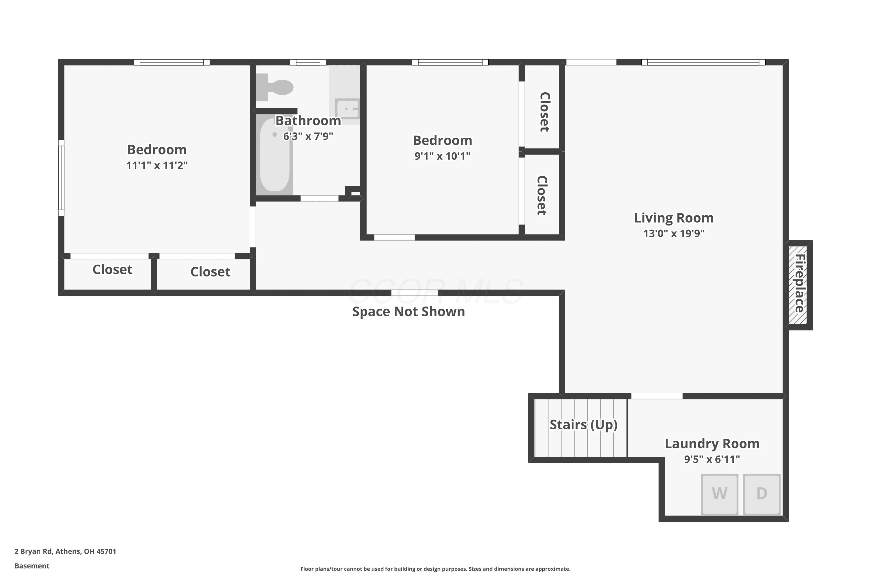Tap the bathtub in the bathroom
tap(274, 155)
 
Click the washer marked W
tap(719, 494)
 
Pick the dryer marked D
tap(762, 494)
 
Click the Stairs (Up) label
tap(583, 425)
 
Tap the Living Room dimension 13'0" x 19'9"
tap(674, 234)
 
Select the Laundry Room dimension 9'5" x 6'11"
tap(712, 460)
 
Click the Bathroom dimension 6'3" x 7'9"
tap(308, 136)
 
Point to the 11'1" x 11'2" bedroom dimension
tap(157, 165)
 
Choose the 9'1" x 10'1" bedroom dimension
tap(442, 156)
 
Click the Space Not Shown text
tap(408, 312)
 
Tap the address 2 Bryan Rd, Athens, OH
tap(65, 551)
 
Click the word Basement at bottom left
tap(32, 566)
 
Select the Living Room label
tap(674, 218)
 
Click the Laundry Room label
tap(712, 444)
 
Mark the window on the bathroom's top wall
tap(308, 62)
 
